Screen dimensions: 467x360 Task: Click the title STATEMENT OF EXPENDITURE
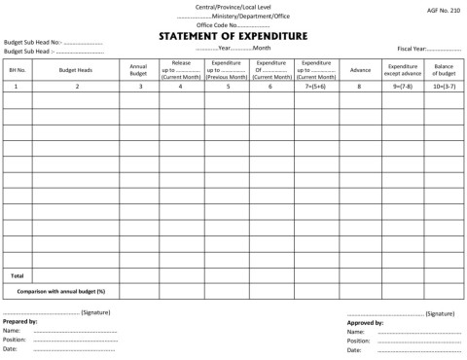pyautogui.click(x=233, y=36)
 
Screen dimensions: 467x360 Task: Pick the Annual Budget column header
pyautogui.click(x=138, y=70)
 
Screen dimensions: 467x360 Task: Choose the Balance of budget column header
pyautogui.click(x=444, y=70)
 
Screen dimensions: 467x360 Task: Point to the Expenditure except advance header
pyautogui.click(x=402, y=70)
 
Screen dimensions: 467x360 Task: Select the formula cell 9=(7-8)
pyautogui.click(x=402, y=87)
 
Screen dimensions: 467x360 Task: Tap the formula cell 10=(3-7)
pyautogui.click(x=444, y=87)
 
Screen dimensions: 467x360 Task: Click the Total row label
pyautogui.click(x=18, y=275)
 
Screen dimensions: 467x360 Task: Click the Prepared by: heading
pyautogui.click(x=20, y=321)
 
